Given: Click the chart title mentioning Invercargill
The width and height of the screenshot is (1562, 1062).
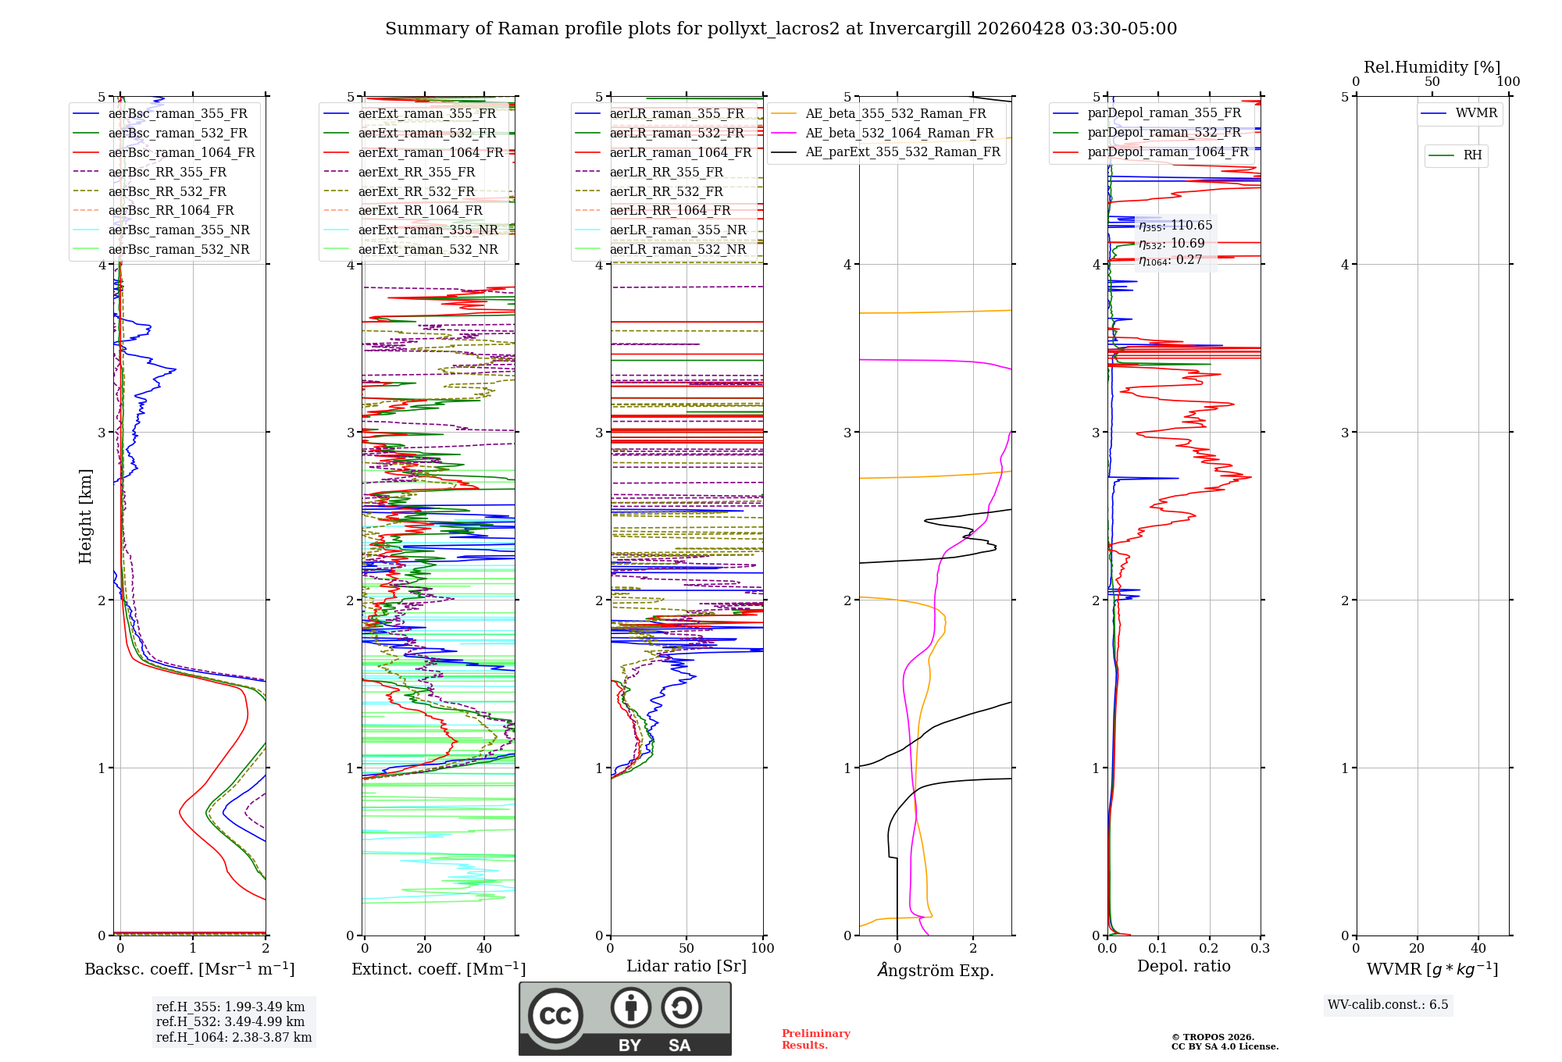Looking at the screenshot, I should [781, 29].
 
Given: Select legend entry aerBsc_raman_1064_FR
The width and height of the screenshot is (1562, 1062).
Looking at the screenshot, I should [181, 152].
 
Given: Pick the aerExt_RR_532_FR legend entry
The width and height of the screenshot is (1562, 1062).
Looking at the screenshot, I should [416, 191].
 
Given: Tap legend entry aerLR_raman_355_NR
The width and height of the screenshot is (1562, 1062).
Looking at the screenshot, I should [677, 230].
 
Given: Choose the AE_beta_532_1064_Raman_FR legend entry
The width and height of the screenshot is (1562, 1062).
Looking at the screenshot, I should [899, 133].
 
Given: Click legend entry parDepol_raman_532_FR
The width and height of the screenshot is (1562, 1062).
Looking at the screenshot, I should [1164, 133].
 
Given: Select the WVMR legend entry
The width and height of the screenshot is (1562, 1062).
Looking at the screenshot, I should [1476, 113].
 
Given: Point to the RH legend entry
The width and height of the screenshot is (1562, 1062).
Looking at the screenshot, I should [1472, 155].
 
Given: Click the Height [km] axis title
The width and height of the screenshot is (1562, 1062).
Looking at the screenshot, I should [85, 515].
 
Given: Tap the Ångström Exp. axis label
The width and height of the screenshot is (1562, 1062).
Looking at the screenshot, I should [936, 970].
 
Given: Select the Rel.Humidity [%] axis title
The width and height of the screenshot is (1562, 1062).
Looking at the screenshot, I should [1432, 67].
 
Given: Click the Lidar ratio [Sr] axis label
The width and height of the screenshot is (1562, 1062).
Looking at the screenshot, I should [686, 966].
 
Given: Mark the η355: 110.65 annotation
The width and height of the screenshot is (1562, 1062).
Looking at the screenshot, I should [1175, 226].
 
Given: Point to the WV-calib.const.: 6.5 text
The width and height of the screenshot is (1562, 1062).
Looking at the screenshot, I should [1388, 1004].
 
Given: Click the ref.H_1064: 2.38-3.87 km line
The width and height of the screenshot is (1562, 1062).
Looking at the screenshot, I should [234, 1037].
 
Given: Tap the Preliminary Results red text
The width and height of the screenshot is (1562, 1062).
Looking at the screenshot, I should [815, 1039].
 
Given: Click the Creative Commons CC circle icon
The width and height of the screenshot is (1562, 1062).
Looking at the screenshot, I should [555, 1015].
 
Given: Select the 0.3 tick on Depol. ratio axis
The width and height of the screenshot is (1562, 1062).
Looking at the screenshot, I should [1260, 948].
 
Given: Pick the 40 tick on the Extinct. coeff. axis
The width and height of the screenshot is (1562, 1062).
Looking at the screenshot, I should [484, 948].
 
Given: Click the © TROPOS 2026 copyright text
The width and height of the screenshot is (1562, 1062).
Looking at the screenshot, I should [1213, 1037].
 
